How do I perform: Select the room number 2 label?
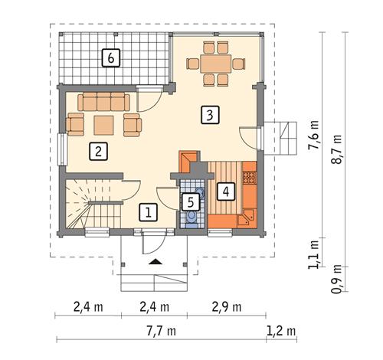point(97,151)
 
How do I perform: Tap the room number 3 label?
point(208,116)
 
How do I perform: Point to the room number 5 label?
point(191,203)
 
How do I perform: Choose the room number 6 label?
point(111,57)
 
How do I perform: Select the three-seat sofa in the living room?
point(105,102)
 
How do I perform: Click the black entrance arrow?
point(155,262)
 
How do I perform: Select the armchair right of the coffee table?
point(133,123)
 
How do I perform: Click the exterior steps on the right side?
point(285,139)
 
